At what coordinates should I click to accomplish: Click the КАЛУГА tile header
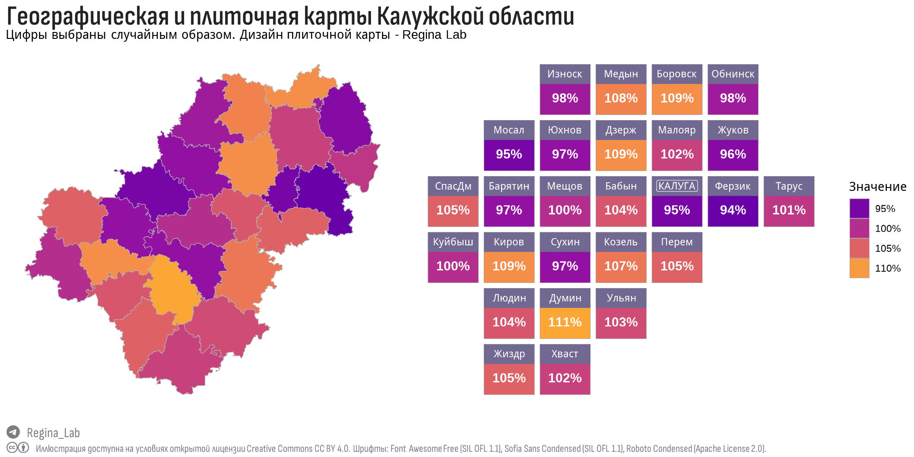click(x=677, y=186)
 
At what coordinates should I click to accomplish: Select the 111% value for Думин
click(x=565, y=322)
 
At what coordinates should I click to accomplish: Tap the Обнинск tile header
click(x=733, y=74)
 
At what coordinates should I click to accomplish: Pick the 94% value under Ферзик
click(x=733, y=210)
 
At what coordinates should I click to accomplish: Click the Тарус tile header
click(x=789, y=186)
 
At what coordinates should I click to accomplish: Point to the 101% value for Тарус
click(x=789, y=210)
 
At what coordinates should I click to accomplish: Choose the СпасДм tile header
click(x=453, y=186)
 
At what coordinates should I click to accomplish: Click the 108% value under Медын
click(x=621, y=98)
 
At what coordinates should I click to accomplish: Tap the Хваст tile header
click(x=565, y=354)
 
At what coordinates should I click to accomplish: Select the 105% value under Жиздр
click(x=509, y=378)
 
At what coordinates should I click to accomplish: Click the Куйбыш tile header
click(x=453, y=242)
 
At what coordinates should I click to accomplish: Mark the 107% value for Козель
click(x=621, y=267)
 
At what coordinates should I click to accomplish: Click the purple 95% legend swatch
click(x=859, y=209)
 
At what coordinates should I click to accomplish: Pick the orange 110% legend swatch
click(x=859, y=268)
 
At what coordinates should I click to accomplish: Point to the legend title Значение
click(x=877, y=187)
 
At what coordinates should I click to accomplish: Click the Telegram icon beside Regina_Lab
click(x=13, y=432)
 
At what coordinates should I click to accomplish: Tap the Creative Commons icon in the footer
click(x=13, y=448)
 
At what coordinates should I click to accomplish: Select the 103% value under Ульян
click(x=621, y=322)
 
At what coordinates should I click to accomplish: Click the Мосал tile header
click(x=509, y=130)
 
